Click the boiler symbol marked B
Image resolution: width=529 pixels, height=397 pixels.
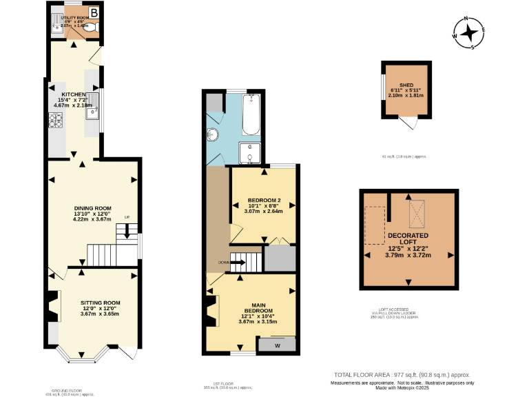(x=94, y=12)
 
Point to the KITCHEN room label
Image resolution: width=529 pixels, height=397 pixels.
(x=74, y=94)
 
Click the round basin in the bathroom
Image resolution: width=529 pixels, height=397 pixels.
(x=214, y=134)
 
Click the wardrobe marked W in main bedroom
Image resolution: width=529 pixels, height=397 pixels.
(x=277, y=345)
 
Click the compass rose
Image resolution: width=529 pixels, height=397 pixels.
(x=470, y=33)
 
